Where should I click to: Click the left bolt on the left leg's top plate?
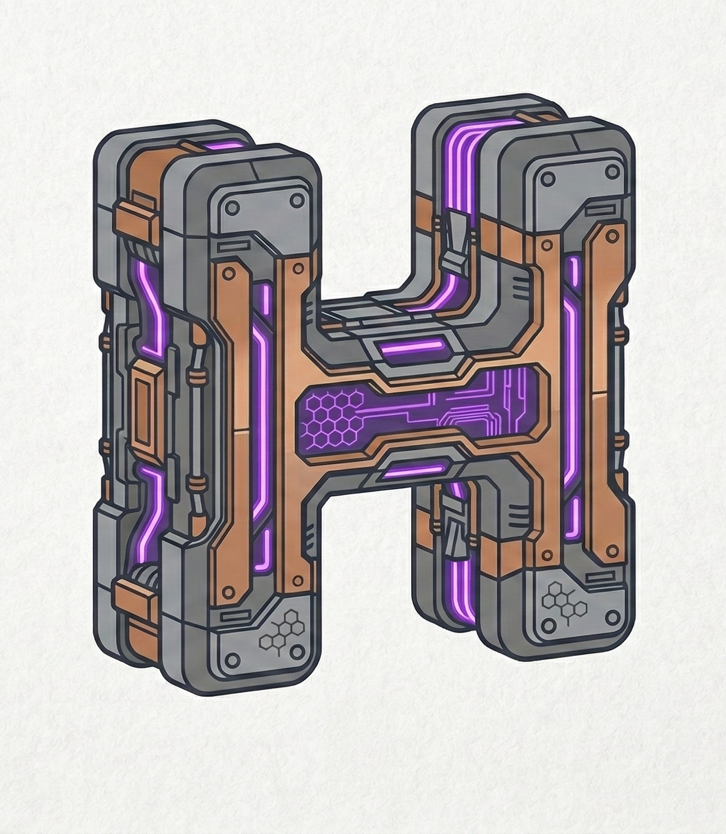pyautogui.click(x=233, y=208)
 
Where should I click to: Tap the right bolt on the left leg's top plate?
pyautogui.click(x=298, y=199)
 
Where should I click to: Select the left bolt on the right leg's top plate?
pyautogui.click(x=547, y=178)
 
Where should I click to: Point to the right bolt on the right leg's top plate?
pyautogui.click(x=612, y=172)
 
